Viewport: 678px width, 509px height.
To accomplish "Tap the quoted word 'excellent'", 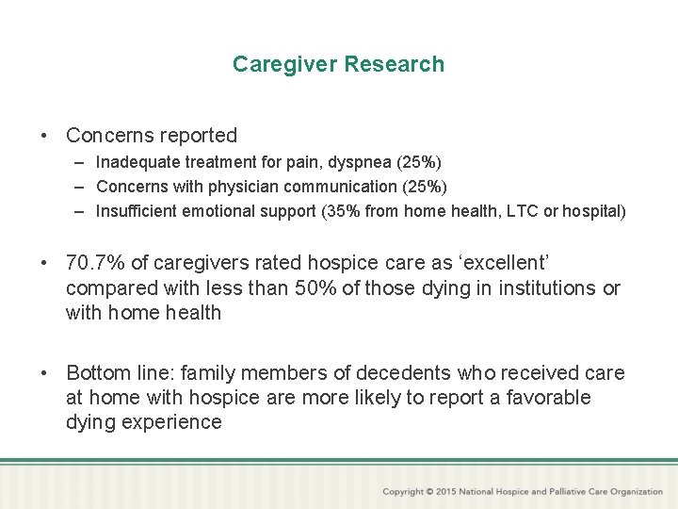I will tap(512, 264).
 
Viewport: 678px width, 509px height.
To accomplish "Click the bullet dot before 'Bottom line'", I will tap(45, 373).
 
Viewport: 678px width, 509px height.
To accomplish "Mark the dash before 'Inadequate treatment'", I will tap(82, 162).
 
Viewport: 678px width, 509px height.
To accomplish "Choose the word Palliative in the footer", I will tap(555, 492).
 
